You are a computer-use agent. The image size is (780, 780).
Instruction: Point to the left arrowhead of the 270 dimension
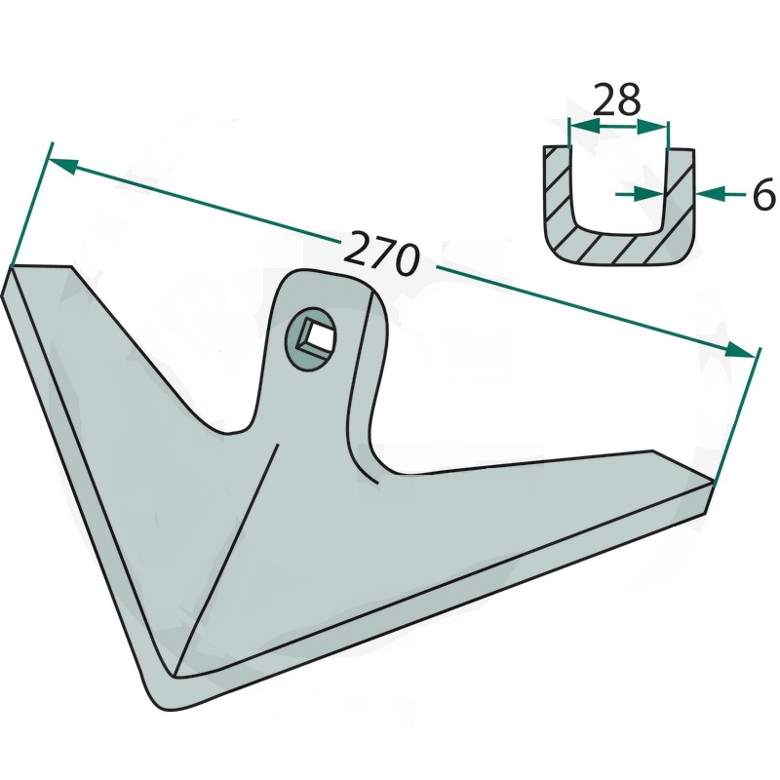click(x=63, y=166)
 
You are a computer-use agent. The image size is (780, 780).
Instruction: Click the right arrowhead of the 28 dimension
click(x=651, y=128)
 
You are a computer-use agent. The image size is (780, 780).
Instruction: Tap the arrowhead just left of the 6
click(x=710, y=193)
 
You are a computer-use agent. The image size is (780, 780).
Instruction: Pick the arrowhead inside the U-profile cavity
click(x=648, y=194)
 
